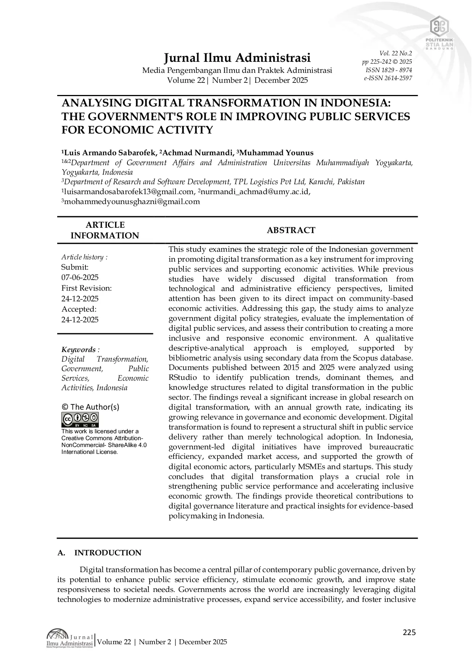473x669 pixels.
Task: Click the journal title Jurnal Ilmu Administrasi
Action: (x=237, y=58)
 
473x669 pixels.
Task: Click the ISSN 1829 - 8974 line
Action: (x=389, y=70)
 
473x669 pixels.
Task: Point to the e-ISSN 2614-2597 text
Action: (x=388, y=78)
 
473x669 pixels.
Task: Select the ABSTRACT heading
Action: (x=291, y=230)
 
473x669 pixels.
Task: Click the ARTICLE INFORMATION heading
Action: (x=105, y=230)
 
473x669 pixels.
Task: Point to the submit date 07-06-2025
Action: (x=80, y=277)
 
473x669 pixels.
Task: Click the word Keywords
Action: (x=79, y=350)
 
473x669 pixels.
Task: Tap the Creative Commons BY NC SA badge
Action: (x=80, y=420)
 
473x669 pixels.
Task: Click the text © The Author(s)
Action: (x=90, y=407)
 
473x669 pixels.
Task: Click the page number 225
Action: (x=409, y=633)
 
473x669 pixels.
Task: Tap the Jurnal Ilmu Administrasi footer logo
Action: (x=70, y=641)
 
